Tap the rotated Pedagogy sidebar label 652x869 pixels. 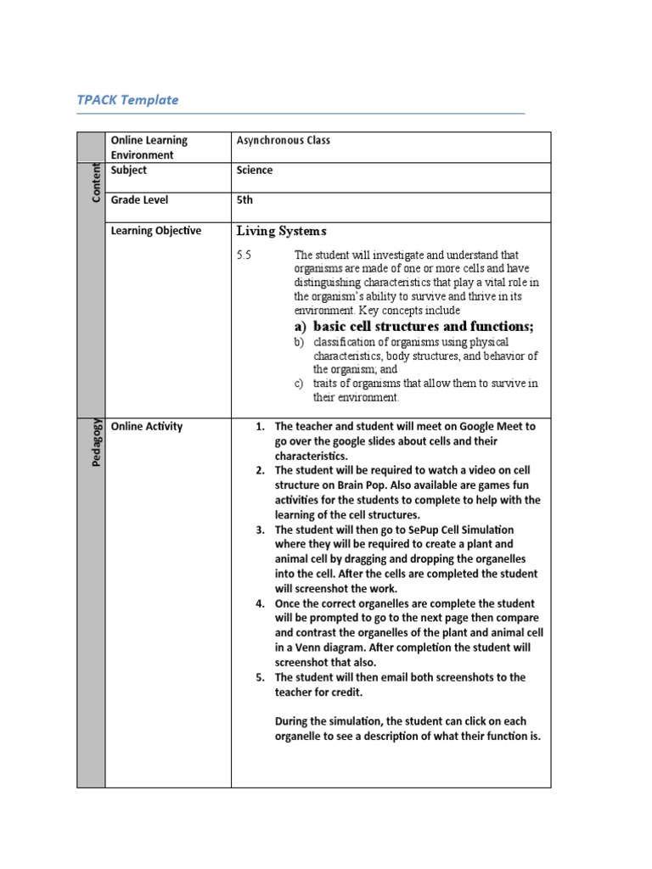[x=96, y=441]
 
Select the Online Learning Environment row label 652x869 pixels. [x=149, y=148]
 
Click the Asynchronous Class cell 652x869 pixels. [x=283, y=141]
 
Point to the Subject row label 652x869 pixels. [x=129, y=171]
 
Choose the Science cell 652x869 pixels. [x=255, y=171]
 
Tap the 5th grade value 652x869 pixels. [x=244, y=200]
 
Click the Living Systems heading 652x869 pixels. [x=281, y=231]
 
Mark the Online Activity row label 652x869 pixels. [x=147, y=427]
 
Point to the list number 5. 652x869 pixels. [x=261, y=677]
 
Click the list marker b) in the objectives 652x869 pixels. [x=299, y=342]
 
